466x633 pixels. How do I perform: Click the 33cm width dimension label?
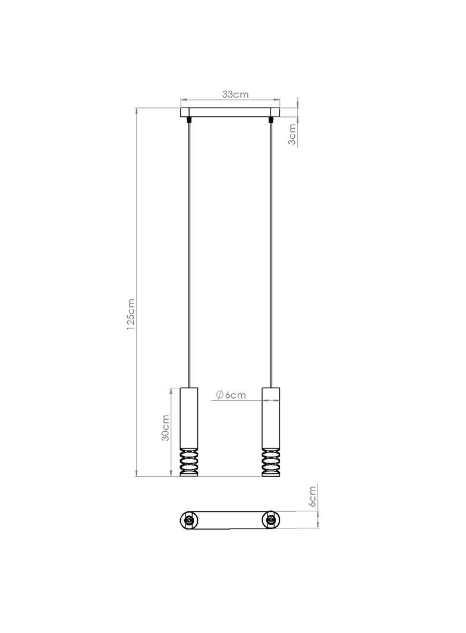235,94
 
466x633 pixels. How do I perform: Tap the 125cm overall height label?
130,315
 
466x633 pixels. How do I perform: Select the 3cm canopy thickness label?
292,134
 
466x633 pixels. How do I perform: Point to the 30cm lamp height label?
165,428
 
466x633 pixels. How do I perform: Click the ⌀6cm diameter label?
231,395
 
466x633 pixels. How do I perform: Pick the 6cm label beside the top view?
313,496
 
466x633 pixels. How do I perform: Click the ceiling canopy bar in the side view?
230,112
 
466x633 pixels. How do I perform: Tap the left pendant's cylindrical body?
189,418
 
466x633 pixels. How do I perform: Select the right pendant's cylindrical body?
271,418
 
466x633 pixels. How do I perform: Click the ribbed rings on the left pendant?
189,463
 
